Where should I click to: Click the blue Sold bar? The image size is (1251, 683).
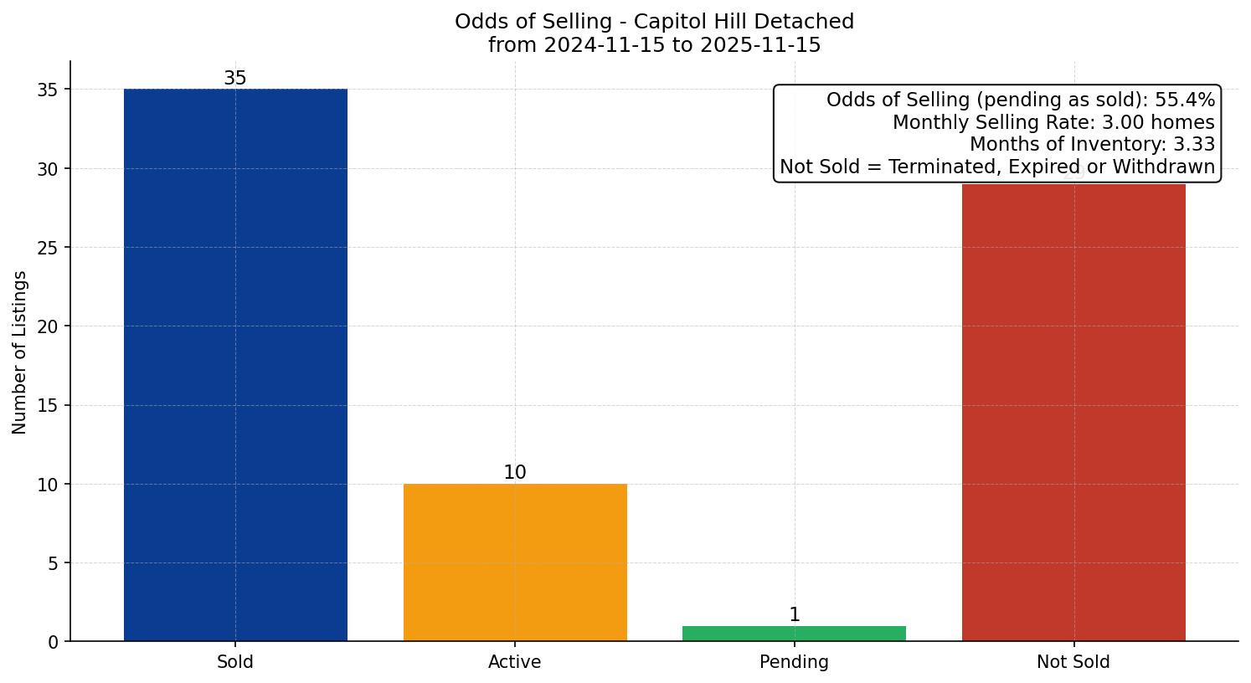coord(235,365)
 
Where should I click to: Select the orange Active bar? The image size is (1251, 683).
coord(515,562)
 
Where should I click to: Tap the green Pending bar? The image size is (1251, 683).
coord(794,634)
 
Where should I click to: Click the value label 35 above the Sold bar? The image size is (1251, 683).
coord(235,79)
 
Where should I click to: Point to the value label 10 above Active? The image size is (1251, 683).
coord(515,473)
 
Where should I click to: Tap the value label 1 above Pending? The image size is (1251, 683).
coord(794,615)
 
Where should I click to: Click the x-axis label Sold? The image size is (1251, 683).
coord(235,662)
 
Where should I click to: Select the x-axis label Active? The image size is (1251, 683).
coord(515,662)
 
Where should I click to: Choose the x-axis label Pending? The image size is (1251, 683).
coord(794,662)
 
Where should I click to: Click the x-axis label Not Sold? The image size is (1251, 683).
coord(1073,662)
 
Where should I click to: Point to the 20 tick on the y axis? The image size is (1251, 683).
coord(49,326)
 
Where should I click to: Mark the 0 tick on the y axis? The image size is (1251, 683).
coord(54,642)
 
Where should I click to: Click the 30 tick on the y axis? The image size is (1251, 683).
coord(49,169)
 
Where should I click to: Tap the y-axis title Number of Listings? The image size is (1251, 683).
coord(20,352)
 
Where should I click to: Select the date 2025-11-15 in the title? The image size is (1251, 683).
coord(759,45)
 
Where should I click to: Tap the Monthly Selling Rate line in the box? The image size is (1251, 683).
coord(1053,123)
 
